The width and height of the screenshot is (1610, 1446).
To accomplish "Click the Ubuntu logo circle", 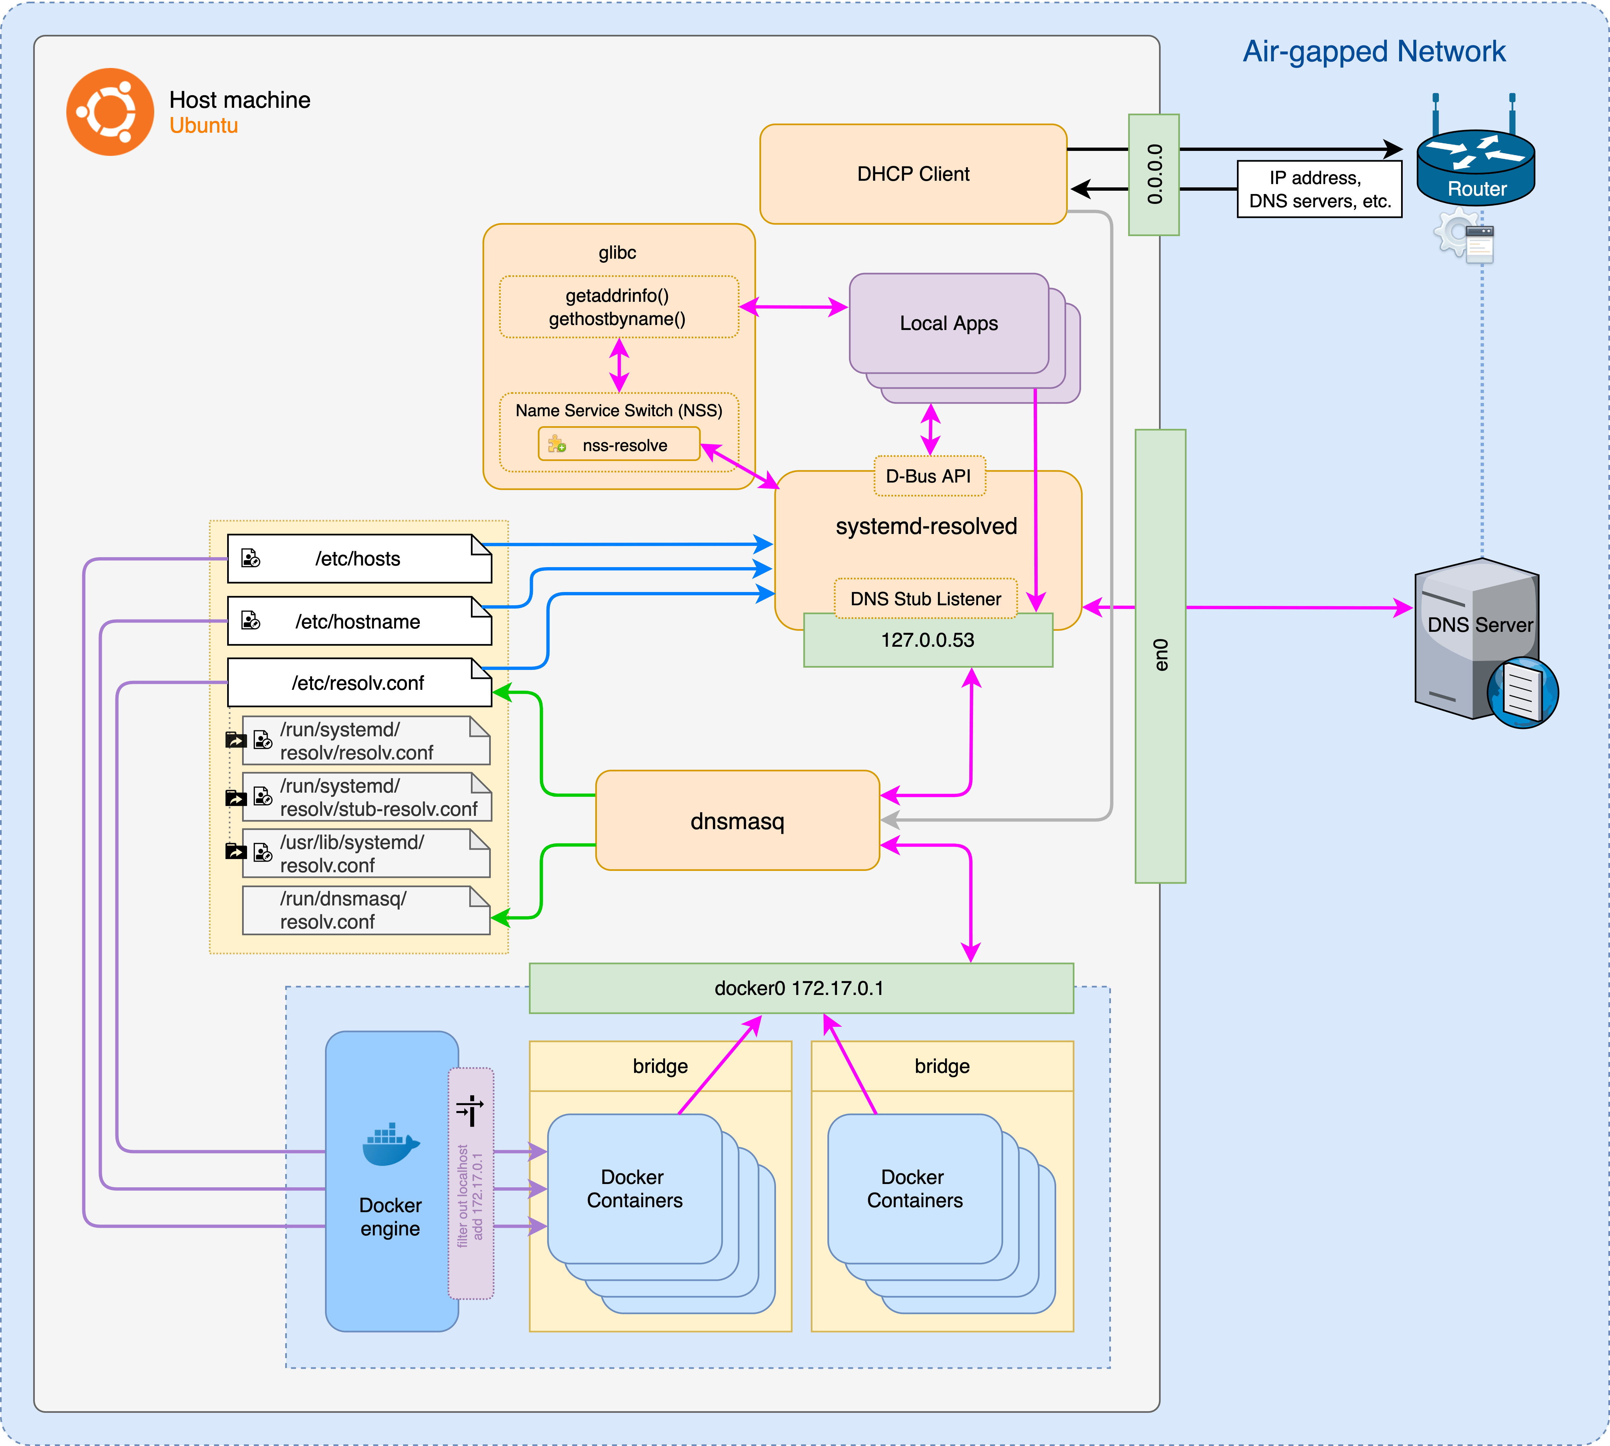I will (110, 112).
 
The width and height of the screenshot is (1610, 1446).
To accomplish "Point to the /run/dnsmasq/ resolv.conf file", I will (365, 910).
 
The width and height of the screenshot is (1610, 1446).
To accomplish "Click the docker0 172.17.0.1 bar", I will (801, 988).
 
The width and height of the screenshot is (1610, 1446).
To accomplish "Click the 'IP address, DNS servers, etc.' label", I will (1319, 189).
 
